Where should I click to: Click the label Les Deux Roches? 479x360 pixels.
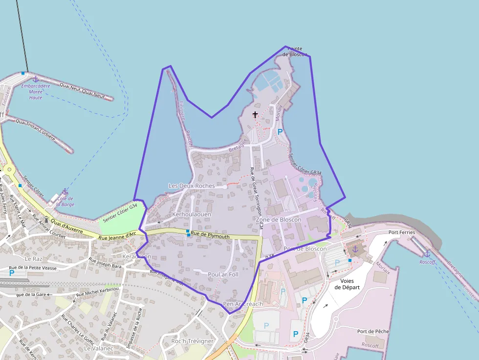click(x=191, y=186)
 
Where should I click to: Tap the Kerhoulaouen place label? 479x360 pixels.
click(x=192, y=214)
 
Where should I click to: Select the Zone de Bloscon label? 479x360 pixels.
click(x=279, y=220)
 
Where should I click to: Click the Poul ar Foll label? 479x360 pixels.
click(x=223, y=275)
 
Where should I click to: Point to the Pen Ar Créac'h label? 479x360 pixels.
click(x=243, y=304)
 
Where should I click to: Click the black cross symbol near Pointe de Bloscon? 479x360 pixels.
click(x=255, y=115)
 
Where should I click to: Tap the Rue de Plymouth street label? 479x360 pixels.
click(x=210, y=236)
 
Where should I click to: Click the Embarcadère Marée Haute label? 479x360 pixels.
click(x=36, y=91)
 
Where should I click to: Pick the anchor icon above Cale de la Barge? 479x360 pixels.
click(x=65, y=191)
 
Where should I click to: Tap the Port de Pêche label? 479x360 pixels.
click(x=373, y=331)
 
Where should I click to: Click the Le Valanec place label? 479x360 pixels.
click(x=99, y=348)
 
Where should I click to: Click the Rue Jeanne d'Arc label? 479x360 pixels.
click(x=117, y=236)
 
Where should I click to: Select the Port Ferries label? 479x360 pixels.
click(x=402, y=233)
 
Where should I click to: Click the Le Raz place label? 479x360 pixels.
click(x=34, y=258)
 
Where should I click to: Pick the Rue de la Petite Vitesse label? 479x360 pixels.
click(x=33, y=268)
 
